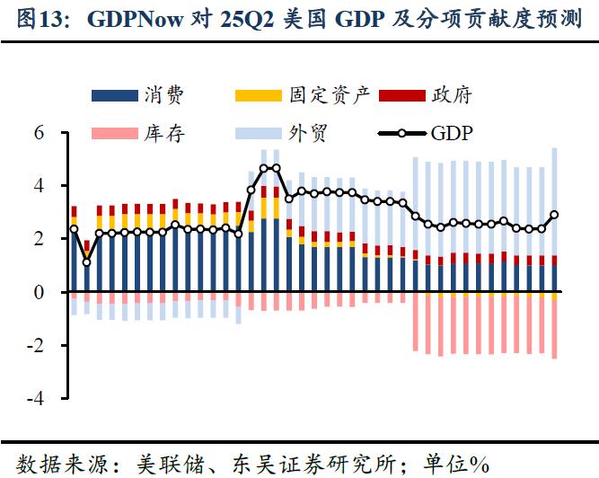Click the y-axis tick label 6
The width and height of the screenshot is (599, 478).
pos(40,133)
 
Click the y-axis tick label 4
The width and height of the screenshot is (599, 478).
pos(40,186)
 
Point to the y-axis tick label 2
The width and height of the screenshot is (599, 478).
pos(40,239)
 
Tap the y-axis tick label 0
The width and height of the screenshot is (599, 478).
pos(40,292)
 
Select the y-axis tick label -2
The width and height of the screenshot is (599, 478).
pos(36,346)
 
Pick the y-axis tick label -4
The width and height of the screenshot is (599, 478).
pos(36,399)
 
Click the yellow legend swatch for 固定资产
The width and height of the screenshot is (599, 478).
pos(258,94)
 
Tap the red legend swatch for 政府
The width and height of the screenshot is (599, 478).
pos(401,94)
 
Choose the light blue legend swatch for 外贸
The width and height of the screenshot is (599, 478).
pos(258,134)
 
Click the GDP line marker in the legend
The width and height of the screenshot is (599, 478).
pos(401,134)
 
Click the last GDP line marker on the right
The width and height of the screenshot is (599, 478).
pos(554,215)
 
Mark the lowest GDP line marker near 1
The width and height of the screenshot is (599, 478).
pos(86,262)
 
